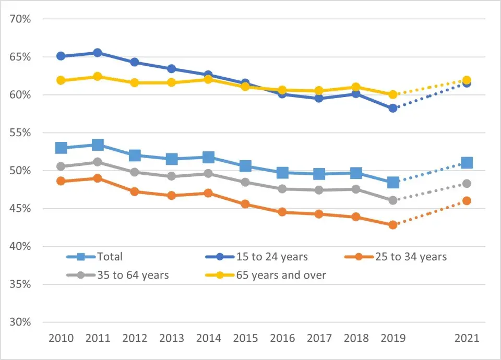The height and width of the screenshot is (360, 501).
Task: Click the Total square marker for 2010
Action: (x=61, y=148)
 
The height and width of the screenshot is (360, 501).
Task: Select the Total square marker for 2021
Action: (x=467, y=163)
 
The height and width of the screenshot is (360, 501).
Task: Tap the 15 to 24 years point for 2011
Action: (x=98, y=53)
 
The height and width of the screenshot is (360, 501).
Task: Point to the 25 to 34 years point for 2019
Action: (x=393, y=224)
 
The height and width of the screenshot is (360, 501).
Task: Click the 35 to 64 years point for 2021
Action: (x=467, y=184)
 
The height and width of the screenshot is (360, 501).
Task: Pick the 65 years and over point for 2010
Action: (x=61, y=80)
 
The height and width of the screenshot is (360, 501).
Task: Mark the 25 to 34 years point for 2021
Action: (x=467, y=201)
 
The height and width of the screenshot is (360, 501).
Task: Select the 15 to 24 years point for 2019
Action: (x=393, y=108)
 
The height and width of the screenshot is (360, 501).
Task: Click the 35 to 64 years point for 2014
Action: (x=208, y=174)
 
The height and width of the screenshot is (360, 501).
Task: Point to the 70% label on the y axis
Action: (x=20, y=19)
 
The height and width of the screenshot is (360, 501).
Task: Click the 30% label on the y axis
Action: (x=20, y=322)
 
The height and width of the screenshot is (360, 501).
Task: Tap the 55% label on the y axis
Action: (x=20, y=133)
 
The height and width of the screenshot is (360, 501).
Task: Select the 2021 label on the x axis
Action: (x=467, y=339)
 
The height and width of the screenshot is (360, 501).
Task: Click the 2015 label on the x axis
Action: (x=245, y=339)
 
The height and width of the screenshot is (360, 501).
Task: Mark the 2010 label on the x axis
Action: (x=61, y=339)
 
